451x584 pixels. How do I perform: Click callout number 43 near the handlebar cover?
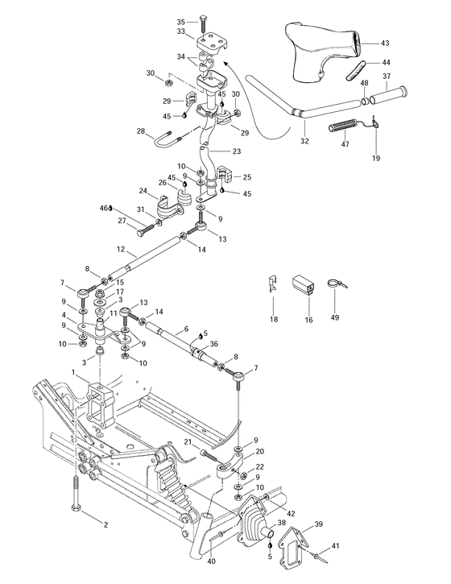384,43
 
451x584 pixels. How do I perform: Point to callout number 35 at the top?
180,21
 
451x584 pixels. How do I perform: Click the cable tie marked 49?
336,284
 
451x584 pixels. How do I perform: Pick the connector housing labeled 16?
303,284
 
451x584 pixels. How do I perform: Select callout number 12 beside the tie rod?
120,249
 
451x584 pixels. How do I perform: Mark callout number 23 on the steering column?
236,150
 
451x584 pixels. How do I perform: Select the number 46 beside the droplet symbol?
104,207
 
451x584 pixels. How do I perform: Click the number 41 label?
335,546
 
